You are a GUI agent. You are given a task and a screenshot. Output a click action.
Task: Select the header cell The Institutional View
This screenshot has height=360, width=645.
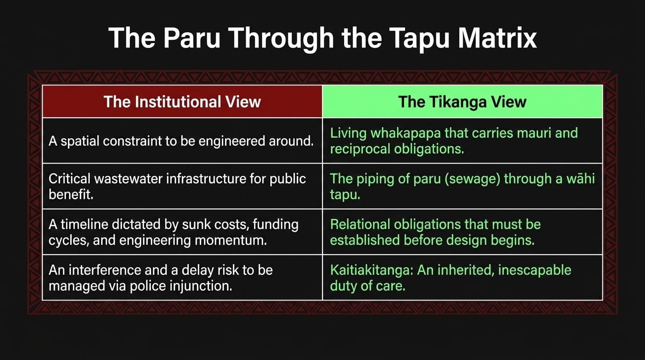pyautogui.click(x=182, y=102)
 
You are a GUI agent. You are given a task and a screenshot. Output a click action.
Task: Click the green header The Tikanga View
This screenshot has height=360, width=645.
pyautogui.click(x=463, y=102)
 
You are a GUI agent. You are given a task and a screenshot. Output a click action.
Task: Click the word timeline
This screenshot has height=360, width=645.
pyautogui.click(x=84, y=225)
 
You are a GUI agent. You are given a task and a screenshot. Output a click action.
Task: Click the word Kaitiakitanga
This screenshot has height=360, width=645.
pyautogui.click(x=372, y=270)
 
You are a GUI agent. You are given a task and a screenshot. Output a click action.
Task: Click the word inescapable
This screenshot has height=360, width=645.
pyautogui.click(x=534, y=270)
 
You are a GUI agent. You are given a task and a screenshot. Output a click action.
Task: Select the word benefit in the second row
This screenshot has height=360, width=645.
pyautogui.click(x=71, y=195)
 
